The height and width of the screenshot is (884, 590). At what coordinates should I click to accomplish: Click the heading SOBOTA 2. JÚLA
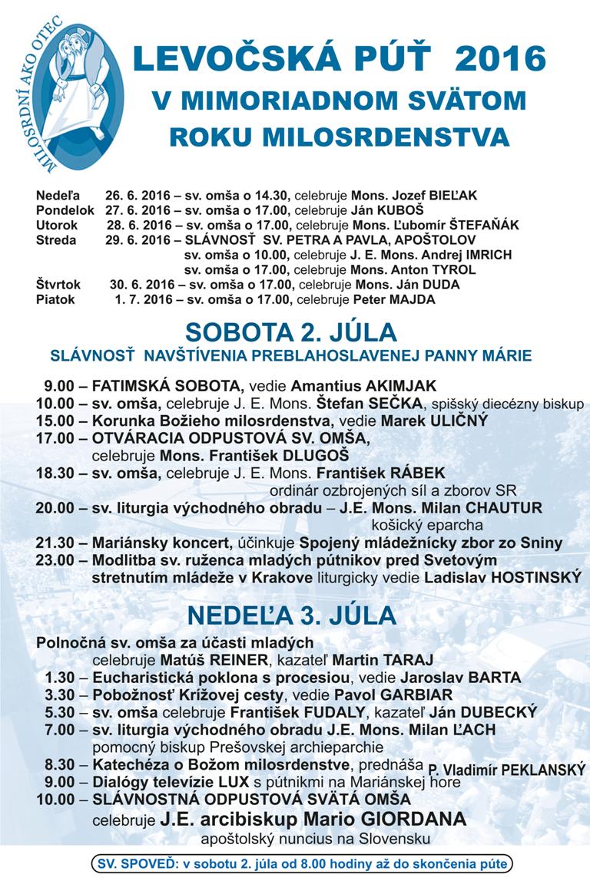click(291, 332)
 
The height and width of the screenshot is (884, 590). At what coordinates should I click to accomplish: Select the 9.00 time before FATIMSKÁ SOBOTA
click(59, 384)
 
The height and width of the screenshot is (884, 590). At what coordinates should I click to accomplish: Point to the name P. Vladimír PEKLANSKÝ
click(506, 768)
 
